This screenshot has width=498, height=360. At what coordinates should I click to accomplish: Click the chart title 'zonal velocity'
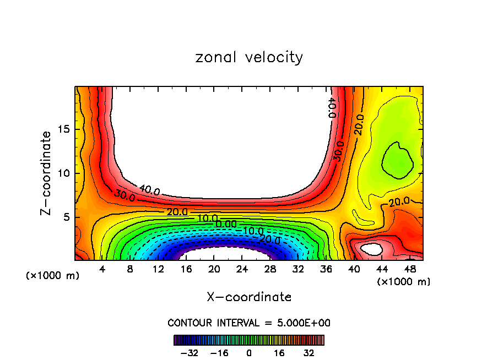[249, 58]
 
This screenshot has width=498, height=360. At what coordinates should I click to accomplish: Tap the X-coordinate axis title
[249, 297]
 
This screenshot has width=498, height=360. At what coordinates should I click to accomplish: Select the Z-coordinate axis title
[47, 172]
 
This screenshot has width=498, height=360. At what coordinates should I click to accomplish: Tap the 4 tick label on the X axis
[102, 270]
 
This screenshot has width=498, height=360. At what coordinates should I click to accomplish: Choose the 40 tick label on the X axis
[354, 270]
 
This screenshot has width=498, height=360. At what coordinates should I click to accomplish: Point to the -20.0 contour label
[270, 240]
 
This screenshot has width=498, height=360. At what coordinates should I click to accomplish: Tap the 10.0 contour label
[208, 218]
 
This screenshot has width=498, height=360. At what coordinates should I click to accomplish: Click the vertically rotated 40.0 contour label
[331, 107]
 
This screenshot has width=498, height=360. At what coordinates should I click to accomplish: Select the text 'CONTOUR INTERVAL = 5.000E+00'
[249, 323]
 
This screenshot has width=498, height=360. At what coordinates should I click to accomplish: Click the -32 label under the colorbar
[190, 353]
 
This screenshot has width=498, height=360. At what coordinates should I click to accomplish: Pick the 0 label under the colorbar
[249, 353]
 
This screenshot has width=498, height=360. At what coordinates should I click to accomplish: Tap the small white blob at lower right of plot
[372, 249]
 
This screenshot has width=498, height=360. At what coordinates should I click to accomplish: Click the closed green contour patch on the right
[397, 160]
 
